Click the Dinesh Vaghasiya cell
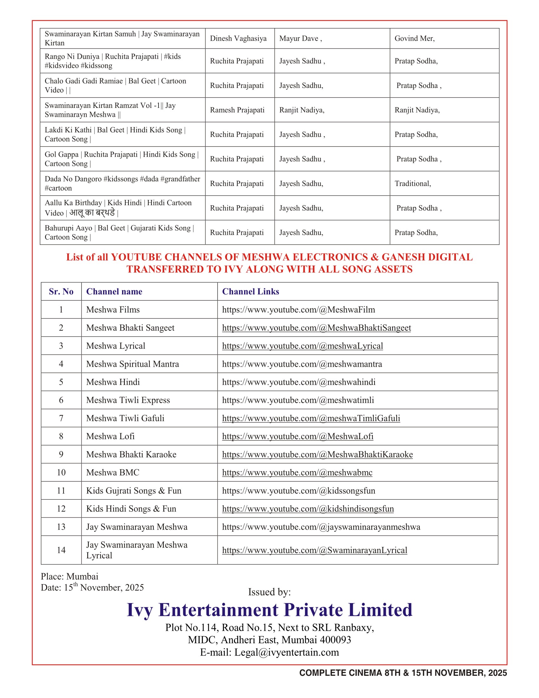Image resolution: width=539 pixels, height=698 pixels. coord(238,38)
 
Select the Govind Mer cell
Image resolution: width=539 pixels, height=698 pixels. coord(414,38)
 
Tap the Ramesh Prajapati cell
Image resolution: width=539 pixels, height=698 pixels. coord(237,110)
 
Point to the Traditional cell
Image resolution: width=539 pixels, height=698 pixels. coord(412,183)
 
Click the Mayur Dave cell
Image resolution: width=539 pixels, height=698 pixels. coord(301,38)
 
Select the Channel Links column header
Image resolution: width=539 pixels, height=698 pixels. coord(251,292)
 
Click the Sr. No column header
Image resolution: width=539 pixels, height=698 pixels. coord(61,292)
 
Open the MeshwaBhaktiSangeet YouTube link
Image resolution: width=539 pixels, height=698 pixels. coord(316,328)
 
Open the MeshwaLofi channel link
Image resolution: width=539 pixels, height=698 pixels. coord(298,436)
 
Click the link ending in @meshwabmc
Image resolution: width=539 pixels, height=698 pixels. coord(297,472)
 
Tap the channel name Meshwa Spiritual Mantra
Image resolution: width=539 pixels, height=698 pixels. coord(133,364)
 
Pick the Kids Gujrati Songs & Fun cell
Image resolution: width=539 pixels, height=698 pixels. coord(134,491)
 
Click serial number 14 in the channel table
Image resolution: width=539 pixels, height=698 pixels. coord(61,550)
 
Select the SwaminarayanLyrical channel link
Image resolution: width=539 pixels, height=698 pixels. coord(315,550)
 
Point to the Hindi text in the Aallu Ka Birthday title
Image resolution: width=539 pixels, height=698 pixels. coord(92,213)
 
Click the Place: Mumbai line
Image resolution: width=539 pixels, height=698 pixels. coord(70,576)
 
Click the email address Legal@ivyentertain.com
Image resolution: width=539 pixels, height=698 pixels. coord(286,652)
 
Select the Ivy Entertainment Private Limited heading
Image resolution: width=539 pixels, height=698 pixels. coord(269,610)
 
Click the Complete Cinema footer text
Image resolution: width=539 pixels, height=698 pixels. coord(403,673)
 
